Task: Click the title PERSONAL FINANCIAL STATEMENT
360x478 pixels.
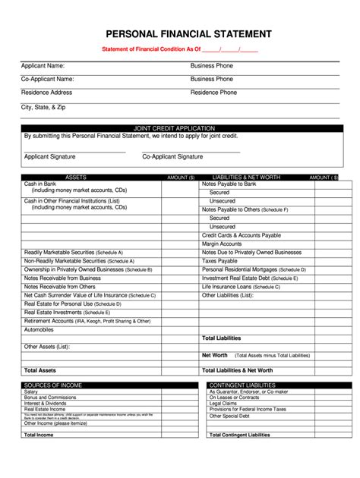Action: [x=188, y=34]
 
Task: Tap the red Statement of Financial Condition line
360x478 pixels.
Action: [x=181, y=50]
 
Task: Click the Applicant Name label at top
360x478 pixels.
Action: [x=43, y=66]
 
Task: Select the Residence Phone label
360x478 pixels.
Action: [x=213, y=93]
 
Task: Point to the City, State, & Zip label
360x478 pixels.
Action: [x=44, y=107]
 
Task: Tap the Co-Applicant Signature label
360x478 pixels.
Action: [x=172, y=156]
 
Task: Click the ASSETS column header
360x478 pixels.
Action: [x=76, y=177]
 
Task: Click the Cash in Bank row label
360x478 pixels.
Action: [x=40, y=184]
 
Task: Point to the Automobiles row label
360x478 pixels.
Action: [x=39, y=330]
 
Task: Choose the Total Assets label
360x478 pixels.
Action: [x=40, y=370]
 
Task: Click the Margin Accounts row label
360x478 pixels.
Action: [x=222, y=244]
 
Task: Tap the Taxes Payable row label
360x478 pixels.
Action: [x=219, y=260]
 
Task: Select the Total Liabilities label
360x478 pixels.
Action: [x=221, y=338]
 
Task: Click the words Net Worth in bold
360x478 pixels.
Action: [x=215, y=355]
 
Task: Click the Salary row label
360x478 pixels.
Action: [x=31, y=392]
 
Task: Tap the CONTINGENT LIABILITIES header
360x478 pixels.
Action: [x=242, y=385]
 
